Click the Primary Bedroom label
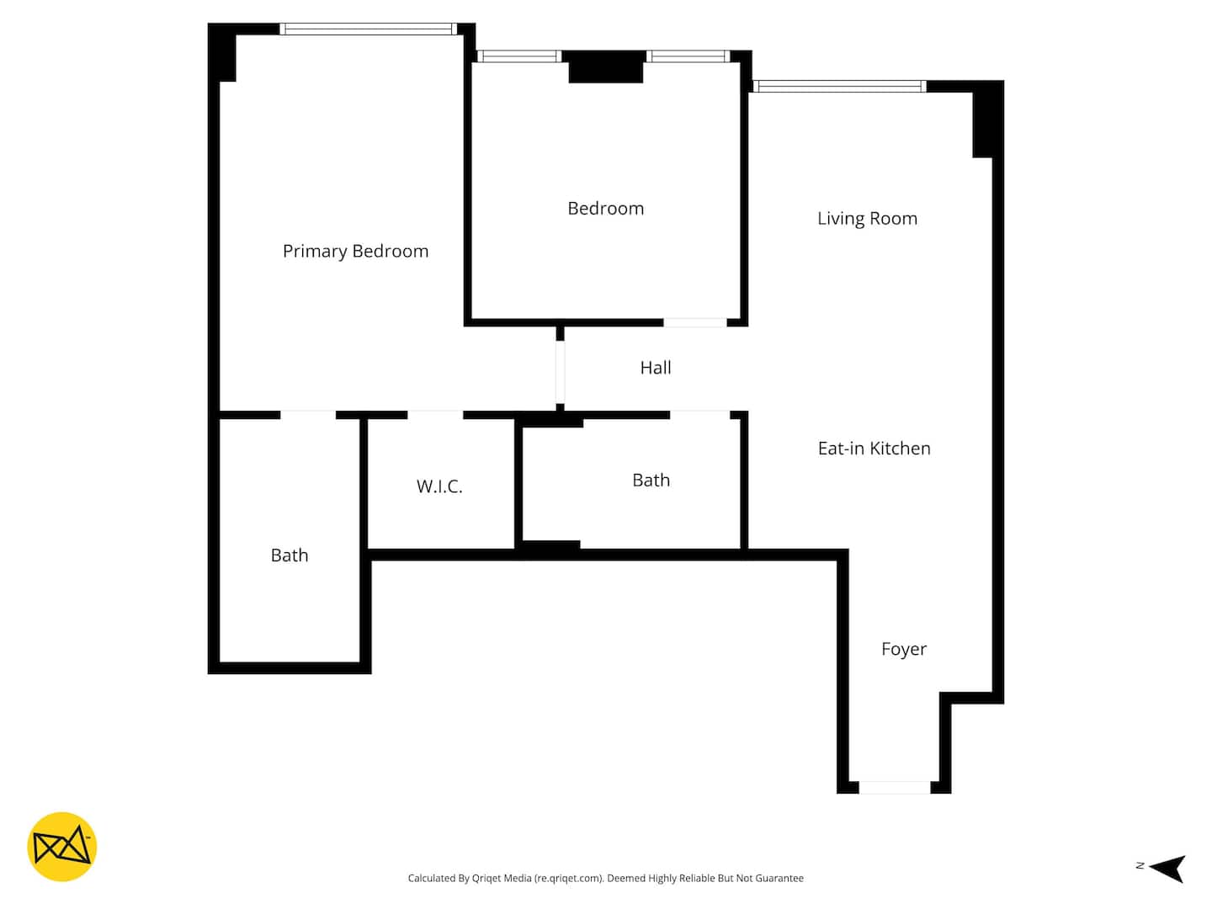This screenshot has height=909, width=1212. coord(355,252)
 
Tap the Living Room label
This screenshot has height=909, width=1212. coord(867,219)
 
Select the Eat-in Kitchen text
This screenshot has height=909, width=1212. coord(874,448)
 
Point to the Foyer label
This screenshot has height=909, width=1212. coord(903,649)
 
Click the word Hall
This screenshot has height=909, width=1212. coord(656,368)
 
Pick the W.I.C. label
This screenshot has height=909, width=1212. coord(439,486)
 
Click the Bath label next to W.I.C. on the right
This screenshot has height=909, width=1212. coord(651,480)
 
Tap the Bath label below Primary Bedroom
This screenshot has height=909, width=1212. coord(290,555)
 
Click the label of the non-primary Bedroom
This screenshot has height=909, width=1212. coord(606,209)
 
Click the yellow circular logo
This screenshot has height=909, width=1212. coord(61,846)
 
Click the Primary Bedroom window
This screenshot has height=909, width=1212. coord(369,29)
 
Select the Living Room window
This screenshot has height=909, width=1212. coord(839,86)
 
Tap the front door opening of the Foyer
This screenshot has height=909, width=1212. coord(895,788)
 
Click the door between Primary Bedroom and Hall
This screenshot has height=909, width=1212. coord(560,372)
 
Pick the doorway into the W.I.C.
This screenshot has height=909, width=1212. coord(435,415)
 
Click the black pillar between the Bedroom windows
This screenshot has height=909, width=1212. coord(605,66)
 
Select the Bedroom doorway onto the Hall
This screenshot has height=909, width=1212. coord(695,323)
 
